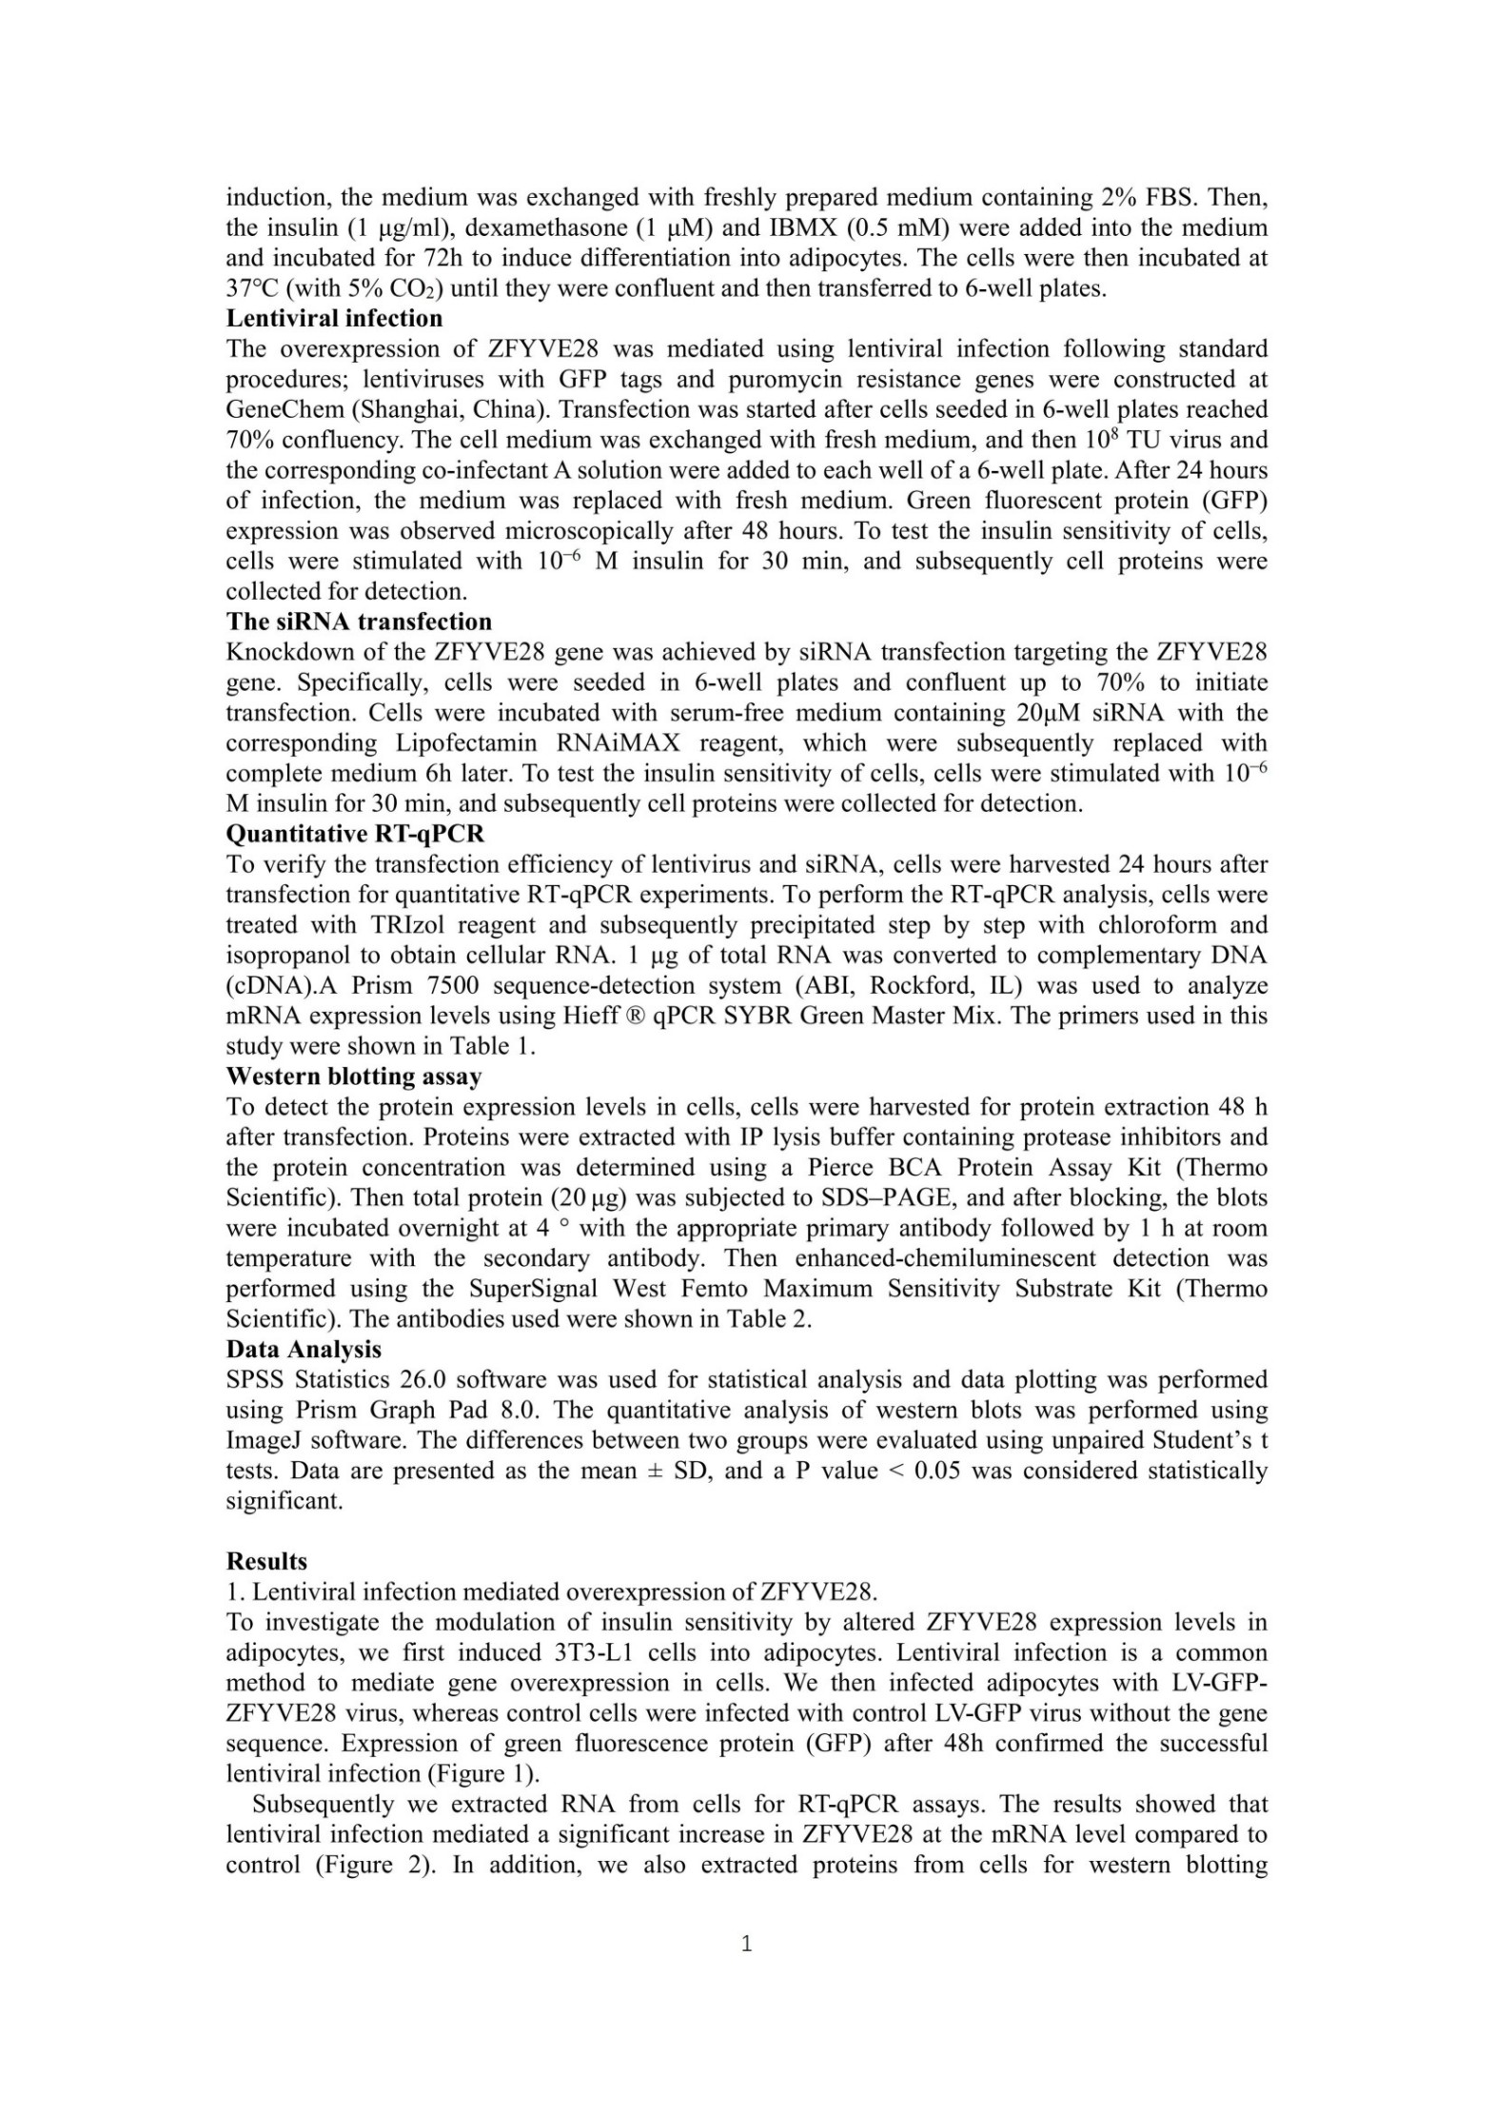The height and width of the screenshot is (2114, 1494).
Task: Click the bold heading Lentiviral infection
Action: (x=334, y=319)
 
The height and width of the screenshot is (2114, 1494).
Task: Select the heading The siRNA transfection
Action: (x=359, y=622)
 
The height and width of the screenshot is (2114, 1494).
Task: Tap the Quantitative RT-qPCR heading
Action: (x=355, y=834)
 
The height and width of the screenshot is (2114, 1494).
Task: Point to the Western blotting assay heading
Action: (x=354, y=1077)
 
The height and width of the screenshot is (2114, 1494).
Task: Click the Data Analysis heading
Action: (x=304, y=1349)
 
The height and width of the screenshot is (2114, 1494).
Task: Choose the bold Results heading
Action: (x=266, y=1561)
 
